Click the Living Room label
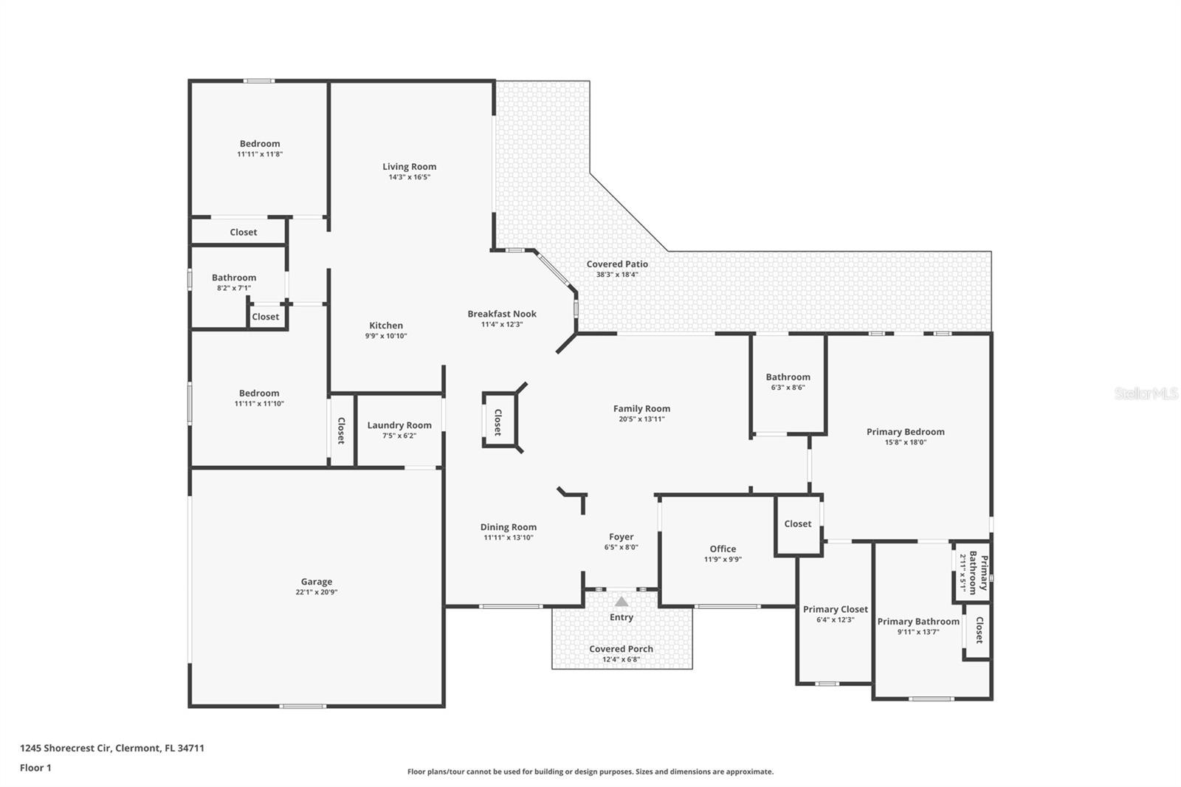coord(409,167)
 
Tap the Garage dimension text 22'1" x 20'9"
coord(316,592)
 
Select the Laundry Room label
coord(399,425)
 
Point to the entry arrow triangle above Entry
coord(622,602)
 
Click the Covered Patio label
coord(617,264)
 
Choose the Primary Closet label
coord(835,610)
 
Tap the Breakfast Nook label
coord(502,314)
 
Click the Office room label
coord(723,549)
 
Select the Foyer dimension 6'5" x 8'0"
coord(621,548)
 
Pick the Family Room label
coord(641,408)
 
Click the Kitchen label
coord(386,326)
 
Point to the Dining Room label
coord(509,527)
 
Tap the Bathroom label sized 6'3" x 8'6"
coord(788,377)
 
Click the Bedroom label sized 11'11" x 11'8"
coord(260,144)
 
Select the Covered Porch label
coord(621,649)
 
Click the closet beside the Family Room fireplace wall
coord(498,422)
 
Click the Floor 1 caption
coord(35,768)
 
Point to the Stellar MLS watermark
coord(1146,393)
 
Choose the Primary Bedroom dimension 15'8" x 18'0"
coord(905,443)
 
